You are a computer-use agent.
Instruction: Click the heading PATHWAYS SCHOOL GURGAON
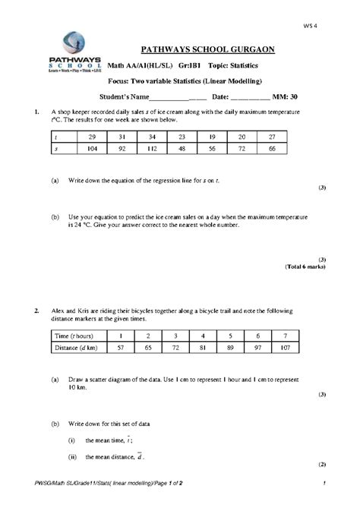(x=207, y=50)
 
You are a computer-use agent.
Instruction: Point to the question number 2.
(x=36, y=311)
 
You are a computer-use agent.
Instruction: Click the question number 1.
(x=36, y=112)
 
